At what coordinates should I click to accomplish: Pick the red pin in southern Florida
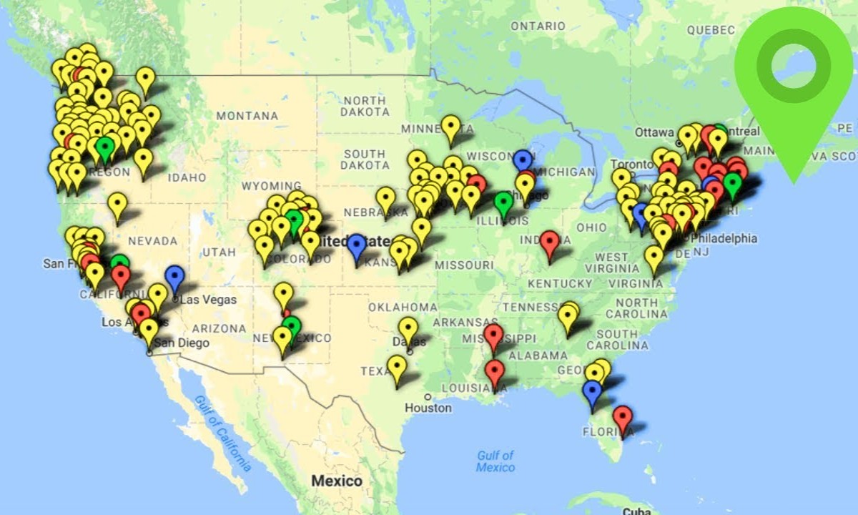623,418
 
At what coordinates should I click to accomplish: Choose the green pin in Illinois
504,203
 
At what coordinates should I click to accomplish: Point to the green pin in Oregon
105,148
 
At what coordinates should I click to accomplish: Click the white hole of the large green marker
793,65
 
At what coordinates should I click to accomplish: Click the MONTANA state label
247,116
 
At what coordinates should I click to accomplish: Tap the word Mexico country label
336,481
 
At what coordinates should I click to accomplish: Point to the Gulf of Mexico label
495,461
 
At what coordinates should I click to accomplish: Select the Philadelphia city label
724,238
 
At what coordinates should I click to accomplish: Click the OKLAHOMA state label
403,307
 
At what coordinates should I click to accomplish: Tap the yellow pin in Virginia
654,258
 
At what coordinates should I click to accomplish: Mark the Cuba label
636,511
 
